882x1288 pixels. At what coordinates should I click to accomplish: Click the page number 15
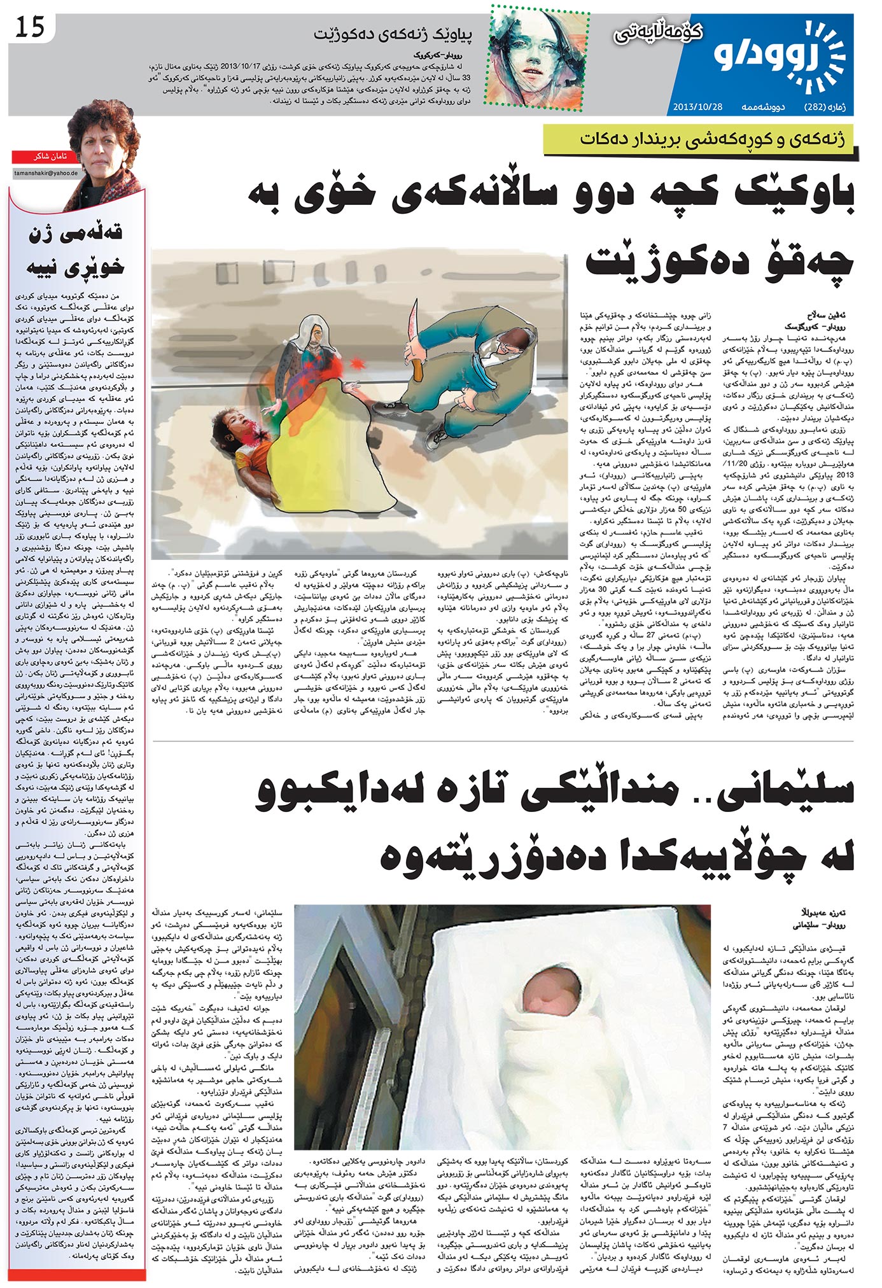pos(30,27)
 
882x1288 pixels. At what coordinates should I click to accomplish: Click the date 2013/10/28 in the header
pos(697,107)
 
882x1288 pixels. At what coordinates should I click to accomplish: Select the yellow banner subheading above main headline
pos(711,140)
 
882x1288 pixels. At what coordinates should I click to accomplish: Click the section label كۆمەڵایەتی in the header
pos(658,32)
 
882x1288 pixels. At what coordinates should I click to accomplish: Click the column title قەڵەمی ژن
pos(76,232)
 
